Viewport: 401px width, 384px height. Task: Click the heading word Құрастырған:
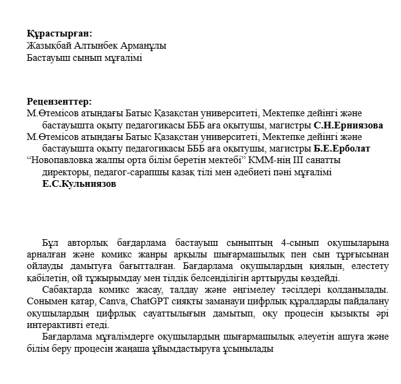[x=60, y=34]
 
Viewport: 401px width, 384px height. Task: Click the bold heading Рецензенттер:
[x=59, y=102]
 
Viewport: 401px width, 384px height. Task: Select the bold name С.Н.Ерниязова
[x=348, y=125]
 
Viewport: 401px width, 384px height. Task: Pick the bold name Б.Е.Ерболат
[x=342, y=148]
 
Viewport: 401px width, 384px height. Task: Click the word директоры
[x=63, y=172]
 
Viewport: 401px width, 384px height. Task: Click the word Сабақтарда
[x=66, y=290]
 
